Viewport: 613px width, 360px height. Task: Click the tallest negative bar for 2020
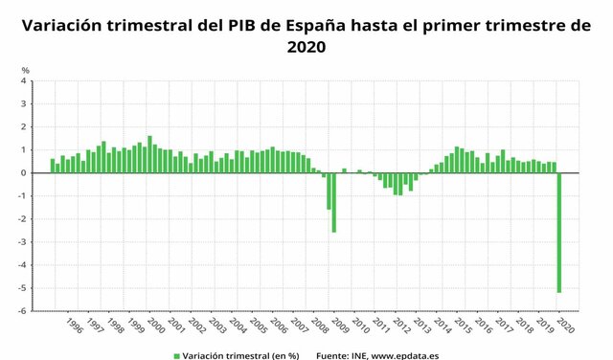559,233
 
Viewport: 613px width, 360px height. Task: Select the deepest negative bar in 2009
333,202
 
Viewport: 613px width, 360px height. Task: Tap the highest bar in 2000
149,154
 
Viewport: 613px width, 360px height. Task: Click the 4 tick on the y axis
24,81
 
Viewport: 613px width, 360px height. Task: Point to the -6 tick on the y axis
22,311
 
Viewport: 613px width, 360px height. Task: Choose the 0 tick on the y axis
24,173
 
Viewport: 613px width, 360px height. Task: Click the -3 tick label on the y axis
22,242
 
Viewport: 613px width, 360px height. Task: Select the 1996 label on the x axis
74,326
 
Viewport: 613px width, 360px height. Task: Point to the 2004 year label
238,326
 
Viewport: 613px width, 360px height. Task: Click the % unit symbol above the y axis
26,70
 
